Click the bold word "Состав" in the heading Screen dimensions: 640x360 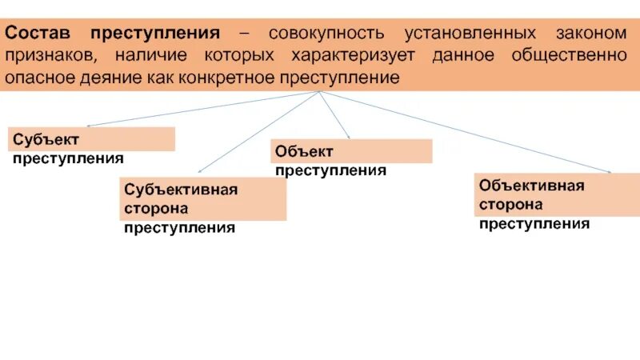pos(41,34)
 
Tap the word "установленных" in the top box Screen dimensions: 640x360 pos(470,34)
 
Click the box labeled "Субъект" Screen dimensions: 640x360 pos(92,138)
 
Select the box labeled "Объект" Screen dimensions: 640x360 pos(352,150)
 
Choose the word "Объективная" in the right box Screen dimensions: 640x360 pos(532,185)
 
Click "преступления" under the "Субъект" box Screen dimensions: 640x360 pos(68,158)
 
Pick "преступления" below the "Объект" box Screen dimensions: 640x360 pos(330,170)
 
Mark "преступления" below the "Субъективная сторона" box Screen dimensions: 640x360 pos(179,228)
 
